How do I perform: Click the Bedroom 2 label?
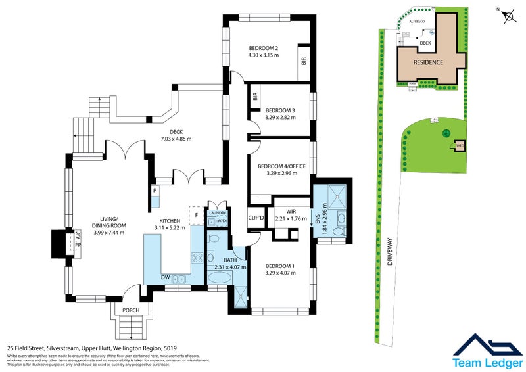coord(264,48)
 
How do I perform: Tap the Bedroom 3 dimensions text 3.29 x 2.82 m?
coord(280,118)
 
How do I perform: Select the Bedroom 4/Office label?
coord(281,166)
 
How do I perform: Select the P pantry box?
coord(155,191)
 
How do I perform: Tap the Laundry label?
coord(217,213)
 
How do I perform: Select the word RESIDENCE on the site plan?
coord(428,62)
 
